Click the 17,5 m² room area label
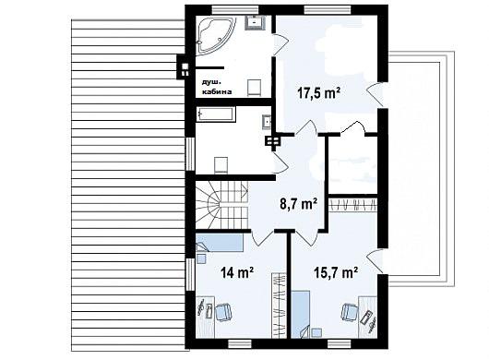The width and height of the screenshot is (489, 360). tap(318, 93)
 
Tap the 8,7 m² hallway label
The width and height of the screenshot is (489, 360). tap(299, 204)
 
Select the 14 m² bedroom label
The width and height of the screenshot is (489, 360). tap(237, 273)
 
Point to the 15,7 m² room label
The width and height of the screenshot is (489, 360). tap(335, 273)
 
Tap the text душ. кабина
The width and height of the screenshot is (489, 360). tap(217, 87)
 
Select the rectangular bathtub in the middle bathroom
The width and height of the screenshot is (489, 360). tap(216, 114)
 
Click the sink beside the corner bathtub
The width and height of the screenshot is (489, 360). tap(256, 22)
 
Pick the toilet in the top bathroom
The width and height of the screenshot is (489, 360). tap(254, 88)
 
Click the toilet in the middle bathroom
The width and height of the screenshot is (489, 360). tap(221, 164)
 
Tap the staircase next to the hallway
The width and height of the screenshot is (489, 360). tap(222, 206)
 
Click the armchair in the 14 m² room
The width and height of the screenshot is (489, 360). tap(223, 312)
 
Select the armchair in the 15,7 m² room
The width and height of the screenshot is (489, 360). tap(350, 312)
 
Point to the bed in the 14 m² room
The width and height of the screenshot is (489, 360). tap(220, 243)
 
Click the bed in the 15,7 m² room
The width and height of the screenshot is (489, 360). tap(301, 314)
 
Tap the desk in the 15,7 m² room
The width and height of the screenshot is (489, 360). tap(368, 316)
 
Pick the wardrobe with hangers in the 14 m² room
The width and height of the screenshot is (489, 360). tap(279, 306)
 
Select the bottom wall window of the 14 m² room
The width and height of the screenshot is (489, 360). tap(240, 343)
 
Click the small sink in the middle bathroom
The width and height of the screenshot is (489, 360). tap(267, 121)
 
